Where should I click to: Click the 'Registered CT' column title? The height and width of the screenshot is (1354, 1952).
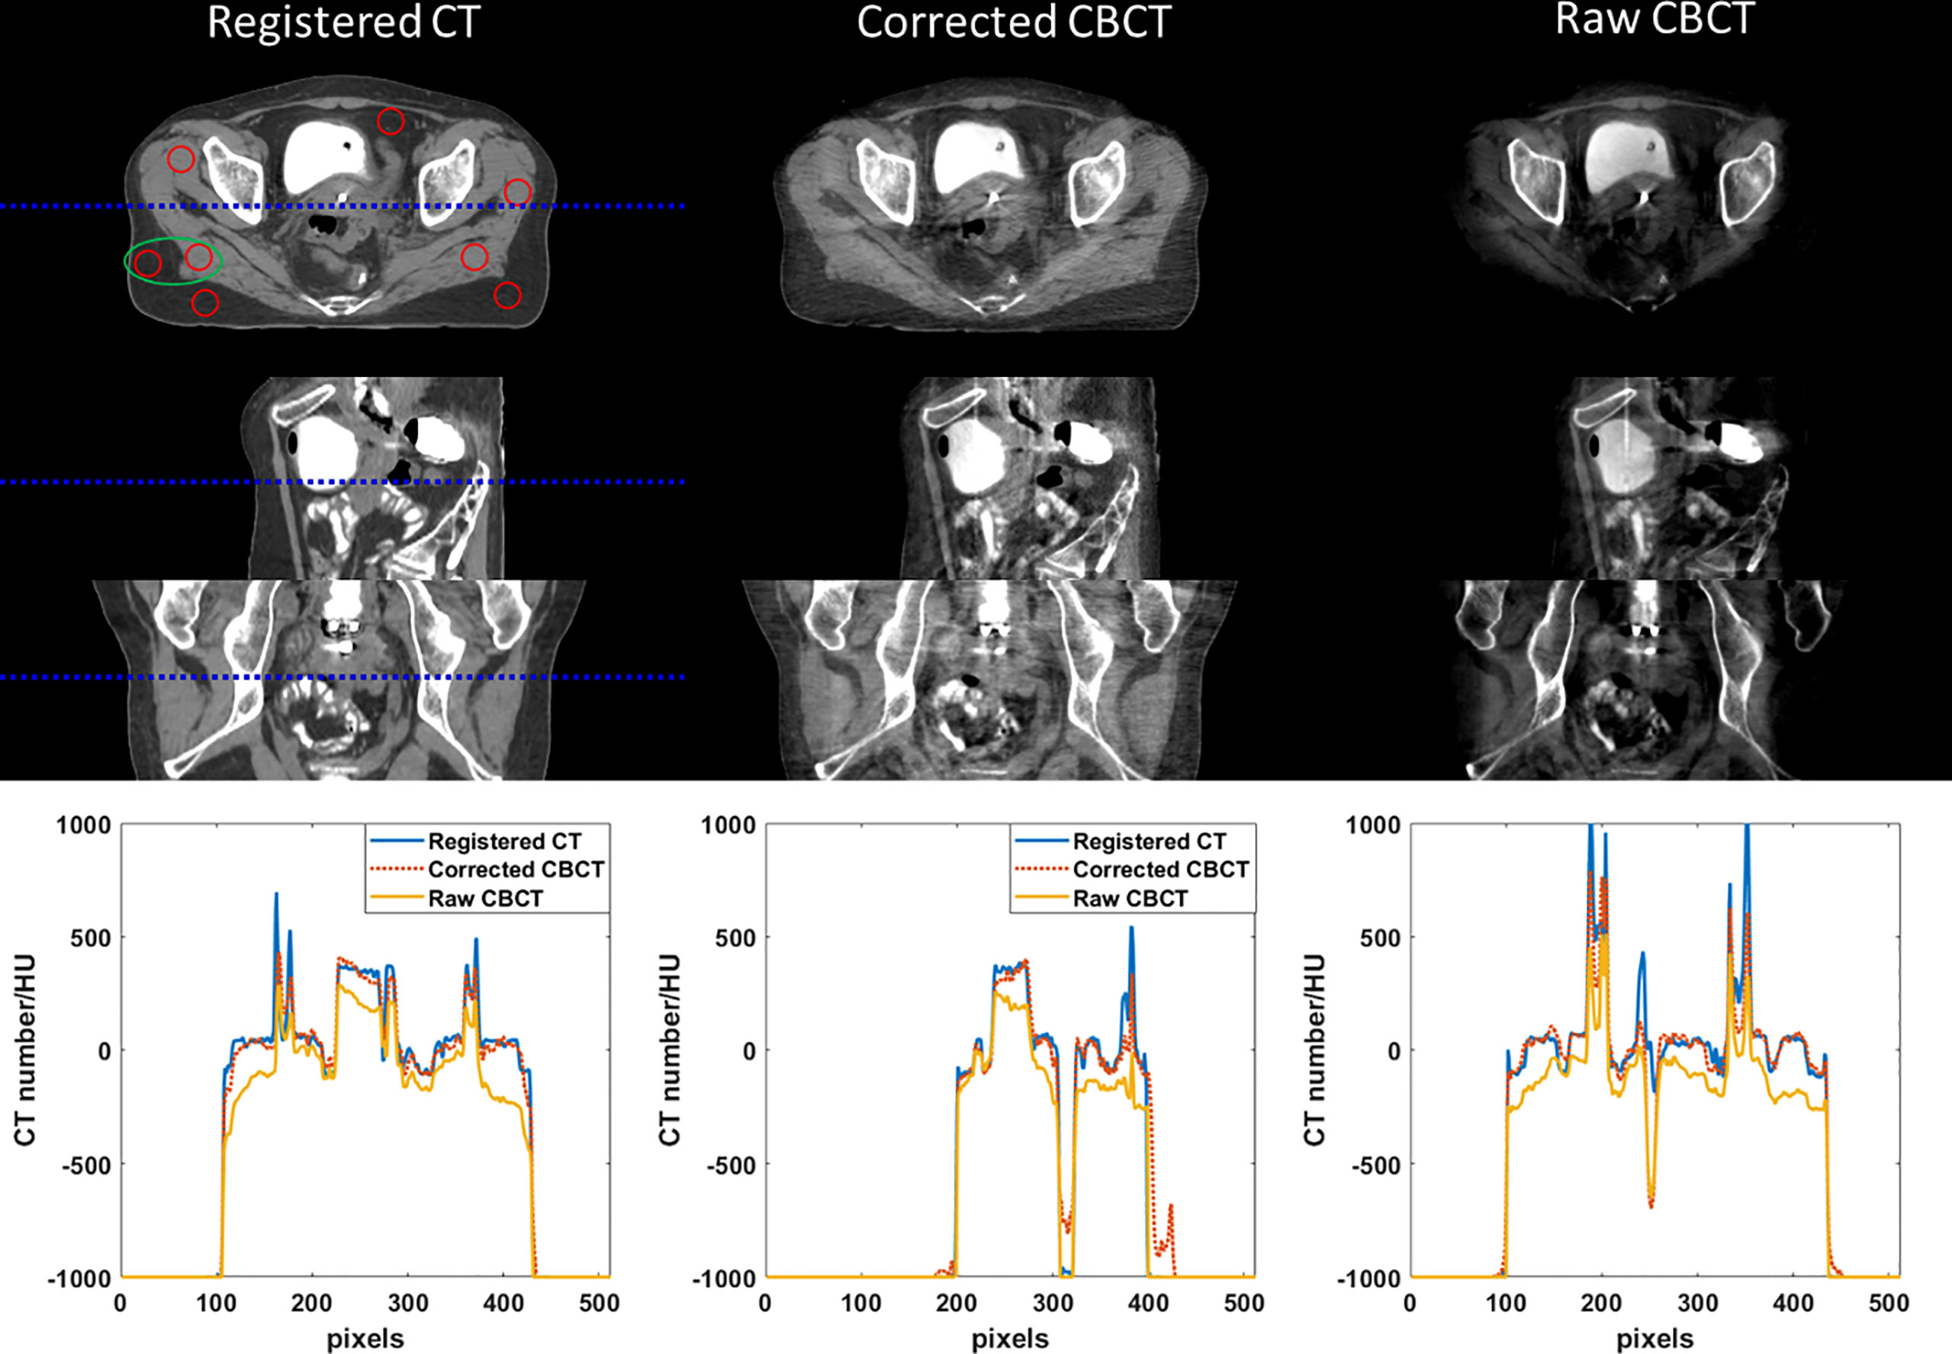343,23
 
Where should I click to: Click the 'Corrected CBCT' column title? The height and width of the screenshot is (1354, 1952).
1014,23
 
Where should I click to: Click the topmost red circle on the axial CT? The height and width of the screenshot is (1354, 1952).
391,121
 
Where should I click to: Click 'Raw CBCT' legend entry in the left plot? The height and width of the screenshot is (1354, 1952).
484,899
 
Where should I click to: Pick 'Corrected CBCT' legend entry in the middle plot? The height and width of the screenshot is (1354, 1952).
1159,870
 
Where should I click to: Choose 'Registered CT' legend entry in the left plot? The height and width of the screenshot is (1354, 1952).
504,841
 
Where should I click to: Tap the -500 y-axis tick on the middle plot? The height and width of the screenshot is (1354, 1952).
731,1165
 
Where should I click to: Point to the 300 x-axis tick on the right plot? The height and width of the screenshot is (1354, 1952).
1697,1303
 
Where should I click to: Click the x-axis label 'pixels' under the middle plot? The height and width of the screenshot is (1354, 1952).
1009,1339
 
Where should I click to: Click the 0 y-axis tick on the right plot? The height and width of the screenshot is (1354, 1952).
1394,1052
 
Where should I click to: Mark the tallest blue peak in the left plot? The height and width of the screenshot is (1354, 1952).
275,894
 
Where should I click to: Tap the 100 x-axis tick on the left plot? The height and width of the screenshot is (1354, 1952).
217,1303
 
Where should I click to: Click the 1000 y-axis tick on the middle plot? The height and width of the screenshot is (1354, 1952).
728,825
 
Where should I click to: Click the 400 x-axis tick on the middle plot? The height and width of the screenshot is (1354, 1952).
1149,1303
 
